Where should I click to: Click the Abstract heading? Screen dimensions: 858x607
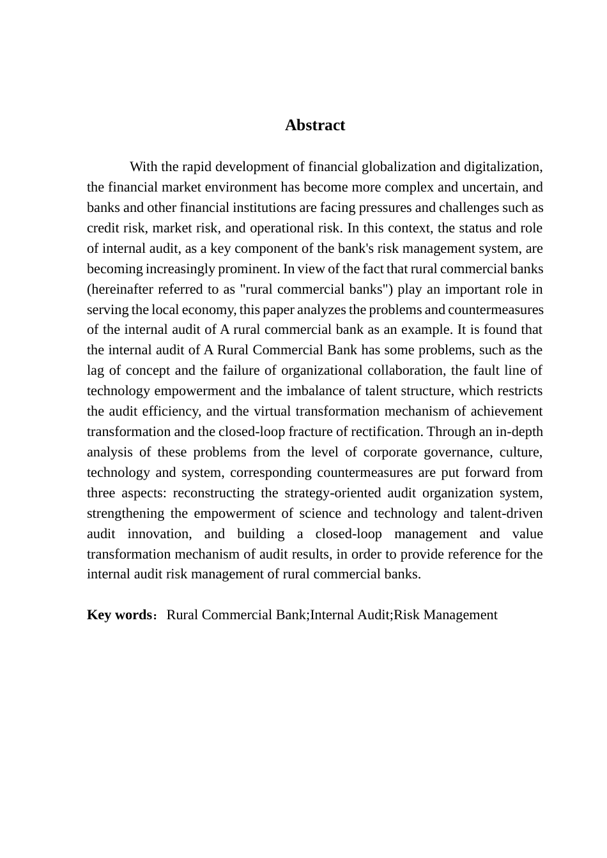315,125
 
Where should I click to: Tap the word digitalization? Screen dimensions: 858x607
502,167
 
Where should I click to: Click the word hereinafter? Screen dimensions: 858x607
121,289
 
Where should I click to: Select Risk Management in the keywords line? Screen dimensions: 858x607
445,615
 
